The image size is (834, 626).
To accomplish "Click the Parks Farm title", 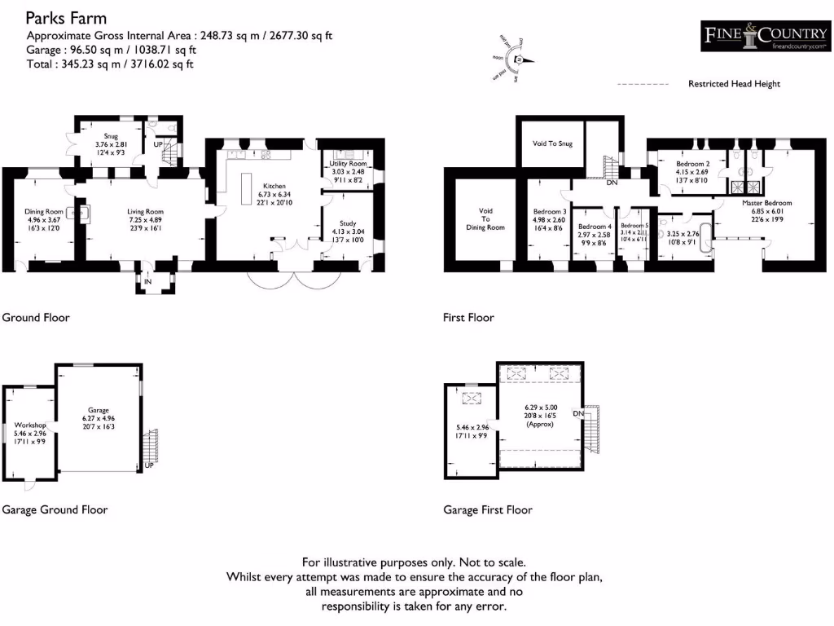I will [66, 18].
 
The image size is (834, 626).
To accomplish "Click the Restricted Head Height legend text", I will [734, 84].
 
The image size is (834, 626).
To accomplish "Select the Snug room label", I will [111, 136].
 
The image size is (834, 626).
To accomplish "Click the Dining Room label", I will [43, 212].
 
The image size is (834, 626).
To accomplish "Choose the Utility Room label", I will [348, 164].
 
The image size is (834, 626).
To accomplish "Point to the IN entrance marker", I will [147, 282].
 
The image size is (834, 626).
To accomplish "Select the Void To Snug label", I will [552, 143].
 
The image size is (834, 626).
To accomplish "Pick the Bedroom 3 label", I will [549, 211].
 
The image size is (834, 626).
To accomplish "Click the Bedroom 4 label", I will [594, 227].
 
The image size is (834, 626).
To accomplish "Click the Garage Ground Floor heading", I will [55, 510].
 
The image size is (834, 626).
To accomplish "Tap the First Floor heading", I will [468, 318].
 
